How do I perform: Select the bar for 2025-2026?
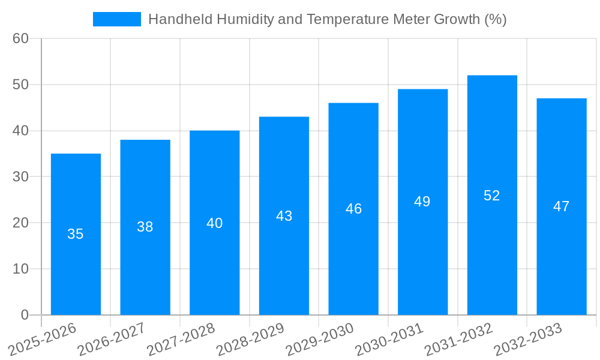tap(76, 234)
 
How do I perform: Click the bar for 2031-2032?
tap(492, 195)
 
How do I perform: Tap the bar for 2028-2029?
tap(284, 215)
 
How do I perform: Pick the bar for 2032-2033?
tap(561, 206)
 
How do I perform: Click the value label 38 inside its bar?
tap(145, 227)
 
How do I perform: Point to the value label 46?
tap(353, 209)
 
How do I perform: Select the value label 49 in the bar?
tap(422, 202)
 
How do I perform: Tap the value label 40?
tap(214, 223)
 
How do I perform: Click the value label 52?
tap(492, 196)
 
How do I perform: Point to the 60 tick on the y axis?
tap(20, 38)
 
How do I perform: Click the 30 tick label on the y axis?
tap(20, 177)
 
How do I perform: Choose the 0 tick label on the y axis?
tap(25, 315)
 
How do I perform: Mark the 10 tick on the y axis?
tap(20, 269)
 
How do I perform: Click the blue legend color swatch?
tap(117, 19)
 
